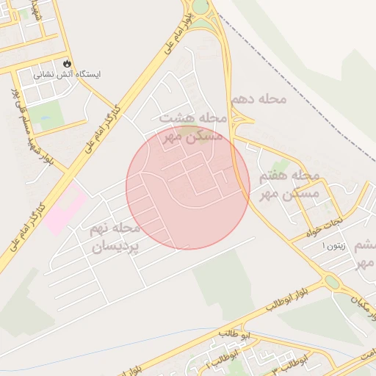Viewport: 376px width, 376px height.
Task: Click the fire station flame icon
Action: [x=68, y=64]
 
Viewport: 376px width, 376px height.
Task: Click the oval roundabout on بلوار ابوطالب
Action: [x=332, y=282]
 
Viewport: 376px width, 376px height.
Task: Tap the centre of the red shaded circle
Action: [x=188, y=187]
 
